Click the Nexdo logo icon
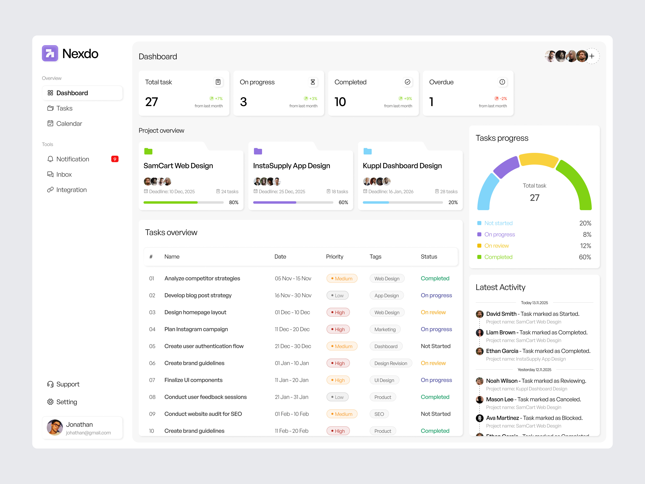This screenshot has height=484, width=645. (50, 53)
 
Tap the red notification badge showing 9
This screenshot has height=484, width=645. (115, 159)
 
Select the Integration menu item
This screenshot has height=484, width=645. (71, 190)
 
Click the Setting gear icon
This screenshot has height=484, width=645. (50, 402)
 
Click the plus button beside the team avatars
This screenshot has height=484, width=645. (592, 56)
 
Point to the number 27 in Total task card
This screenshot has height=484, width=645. (152, 102)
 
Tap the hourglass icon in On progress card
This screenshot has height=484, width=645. (313, 82)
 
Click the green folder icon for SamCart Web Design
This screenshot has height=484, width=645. (148, 151)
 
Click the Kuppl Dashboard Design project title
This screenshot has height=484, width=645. (402, 166)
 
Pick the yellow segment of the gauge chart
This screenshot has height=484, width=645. (538, 160)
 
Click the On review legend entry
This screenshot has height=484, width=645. (496, 246)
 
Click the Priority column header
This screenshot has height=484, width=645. (334, 257)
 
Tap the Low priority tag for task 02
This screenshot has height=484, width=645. (337, 295)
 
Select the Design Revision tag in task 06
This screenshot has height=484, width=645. (390, 363)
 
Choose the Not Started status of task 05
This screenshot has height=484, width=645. (435, 346)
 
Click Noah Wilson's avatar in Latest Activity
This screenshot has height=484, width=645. (479, 381)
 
